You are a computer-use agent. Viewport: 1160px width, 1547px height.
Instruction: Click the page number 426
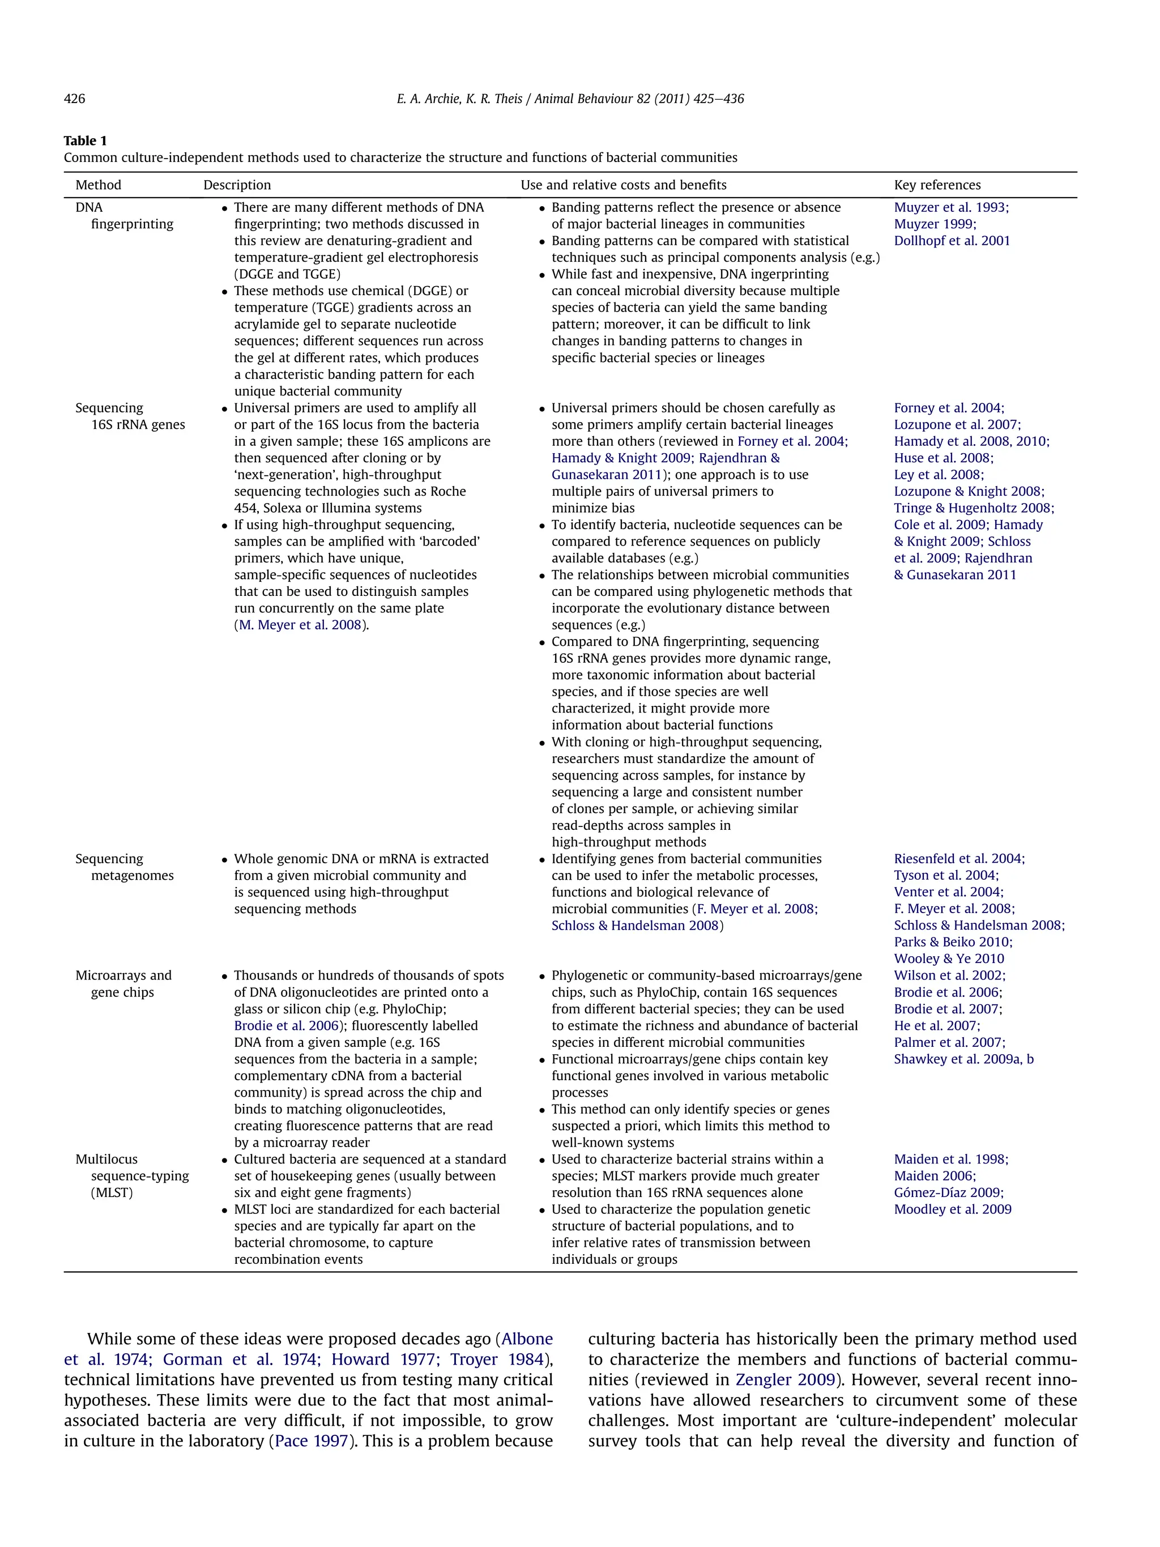(x=74, y=99)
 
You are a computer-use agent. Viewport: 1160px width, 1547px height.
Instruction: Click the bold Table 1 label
(x=84, y=140)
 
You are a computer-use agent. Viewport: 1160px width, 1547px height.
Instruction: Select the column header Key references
(x=936, y=185)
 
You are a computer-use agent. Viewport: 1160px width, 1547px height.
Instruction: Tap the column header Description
(x=236, y=185)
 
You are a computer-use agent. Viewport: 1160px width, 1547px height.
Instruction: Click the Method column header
(x=98, y=185)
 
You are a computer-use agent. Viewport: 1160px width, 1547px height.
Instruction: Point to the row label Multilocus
(x=106, y=1159)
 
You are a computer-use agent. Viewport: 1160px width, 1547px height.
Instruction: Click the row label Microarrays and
(x=123, y=975)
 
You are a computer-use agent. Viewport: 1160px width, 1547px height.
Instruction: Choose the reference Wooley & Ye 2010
(x=948, y=958)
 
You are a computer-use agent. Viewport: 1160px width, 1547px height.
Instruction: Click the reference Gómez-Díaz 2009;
(x=948, y=1192)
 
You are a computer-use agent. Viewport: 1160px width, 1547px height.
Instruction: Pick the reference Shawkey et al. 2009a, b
(x=963, y=1059)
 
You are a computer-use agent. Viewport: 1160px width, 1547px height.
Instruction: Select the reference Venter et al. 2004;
(x=948, y=892)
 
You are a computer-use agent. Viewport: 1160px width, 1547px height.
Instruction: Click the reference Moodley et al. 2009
(x=952, y=1209)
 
